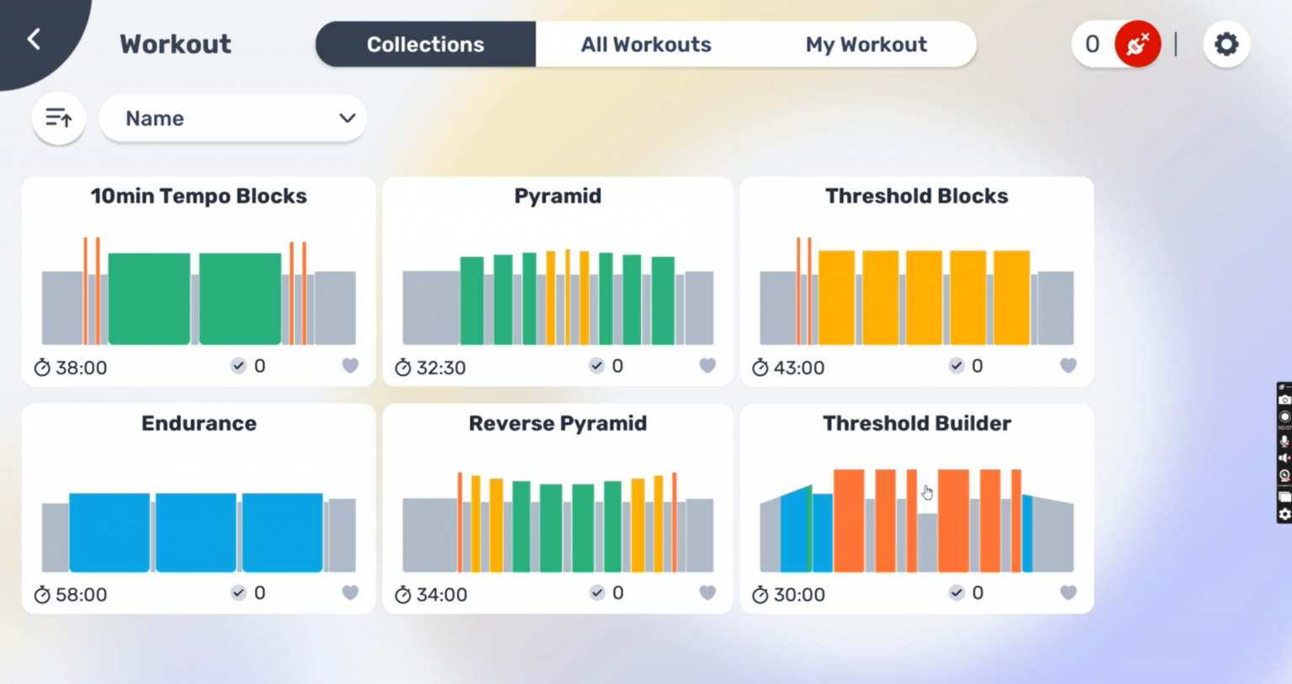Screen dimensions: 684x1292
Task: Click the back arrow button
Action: point(34,40)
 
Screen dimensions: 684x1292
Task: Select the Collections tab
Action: point(426,45)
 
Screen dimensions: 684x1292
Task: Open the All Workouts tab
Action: point(646,45)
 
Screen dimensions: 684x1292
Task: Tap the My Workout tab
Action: point(866,45)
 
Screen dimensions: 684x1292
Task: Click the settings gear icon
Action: point(1226,44)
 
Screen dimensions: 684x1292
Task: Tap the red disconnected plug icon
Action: point(1137,44)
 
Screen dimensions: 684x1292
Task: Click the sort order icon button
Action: point(58,118)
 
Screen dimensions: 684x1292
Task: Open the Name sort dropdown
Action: point(233,119)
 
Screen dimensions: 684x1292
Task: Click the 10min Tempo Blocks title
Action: point(199,196)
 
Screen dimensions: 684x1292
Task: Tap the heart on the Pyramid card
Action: point(707,365)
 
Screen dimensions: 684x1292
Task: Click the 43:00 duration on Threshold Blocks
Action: point(798,368)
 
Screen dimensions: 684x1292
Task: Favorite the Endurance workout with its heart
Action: point(350,592)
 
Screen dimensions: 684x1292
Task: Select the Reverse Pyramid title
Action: point(558,423)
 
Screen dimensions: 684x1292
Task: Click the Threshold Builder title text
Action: point(917,423)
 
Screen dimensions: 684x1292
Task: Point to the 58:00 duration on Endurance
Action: point(81,595)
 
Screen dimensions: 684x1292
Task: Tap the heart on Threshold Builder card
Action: point(1067,592)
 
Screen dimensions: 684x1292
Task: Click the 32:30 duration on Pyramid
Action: point(441,368)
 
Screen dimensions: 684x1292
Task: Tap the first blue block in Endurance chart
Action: point(109,532)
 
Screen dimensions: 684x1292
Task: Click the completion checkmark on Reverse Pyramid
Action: point(596,592)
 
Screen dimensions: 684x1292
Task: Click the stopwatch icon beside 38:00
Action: point(42,368)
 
